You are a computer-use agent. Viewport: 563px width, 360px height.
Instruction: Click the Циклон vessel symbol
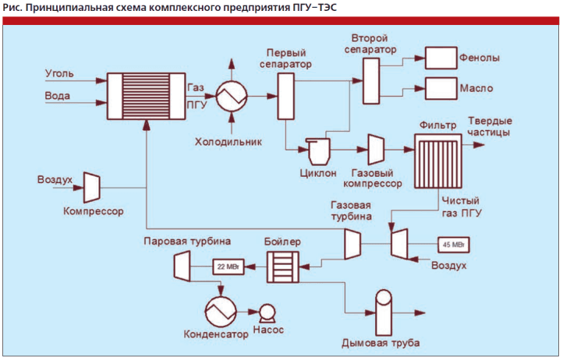tap(317, 149)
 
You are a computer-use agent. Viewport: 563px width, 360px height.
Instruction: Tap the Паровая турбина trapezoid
tap(182, 267)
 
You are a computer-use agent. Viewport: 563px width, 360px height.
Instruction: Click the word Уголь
tap(59, 74)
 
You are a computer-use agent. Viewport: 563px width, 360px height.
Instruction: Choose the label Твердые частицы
tap(490, 126)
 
